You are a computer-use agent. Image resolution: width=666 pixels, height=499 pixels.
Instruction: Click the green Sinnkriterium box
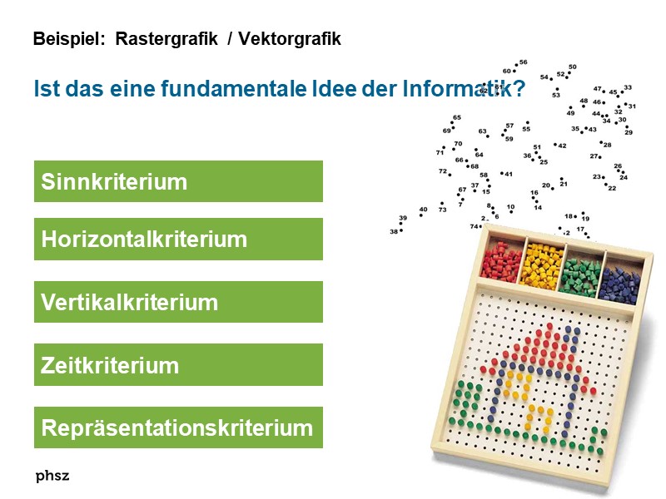[178, 181]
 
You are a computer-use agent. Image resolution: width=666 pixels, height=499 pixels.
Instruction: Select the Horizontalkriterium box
[178, 240]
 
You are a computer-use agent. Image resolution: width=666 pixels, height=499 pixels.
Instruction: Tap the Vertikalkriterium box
[178, 302]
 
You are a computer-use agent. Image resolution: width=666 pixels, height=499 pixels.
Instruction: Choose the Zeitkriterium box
[178, 365]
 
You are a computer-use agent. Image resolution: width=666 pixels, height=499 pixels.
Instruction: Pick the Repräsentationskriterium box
[178, 428]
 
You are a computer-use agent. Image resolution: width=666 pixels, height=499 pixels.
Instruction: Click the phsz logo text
[52, 476]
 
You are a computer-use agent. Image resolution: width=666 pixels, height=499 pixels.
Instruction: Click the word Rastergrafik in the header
[166, 39]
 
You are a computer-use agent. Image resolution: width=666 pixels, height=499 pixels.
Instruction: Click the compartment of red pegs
[499, 261]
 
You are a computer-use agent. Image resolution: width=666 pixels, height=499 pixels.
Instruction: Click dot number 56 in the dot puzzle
[515, 66]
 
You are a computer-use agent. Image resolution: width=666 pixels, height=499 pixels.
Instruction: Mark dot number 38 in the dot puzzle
[400, 231]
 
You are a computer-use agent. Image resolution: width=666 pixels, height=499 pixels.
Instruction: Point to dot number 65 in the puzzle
[452, 123]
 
